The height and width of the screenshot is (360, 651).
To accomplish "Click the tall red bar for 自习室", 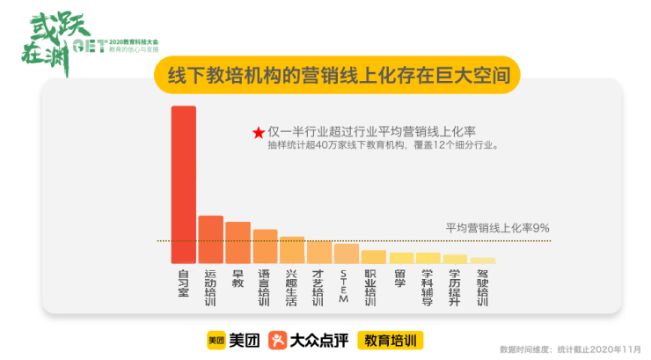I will click(x=183, y=184).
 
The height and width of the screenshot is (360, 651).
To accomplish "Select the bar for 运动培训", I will click(x=210, y=239).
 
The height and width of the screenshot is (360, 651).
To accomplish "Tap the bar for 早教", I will click(x=238, y=243).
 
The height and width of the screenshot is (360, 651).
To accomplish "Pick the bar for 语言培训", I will click(x=265, y=246).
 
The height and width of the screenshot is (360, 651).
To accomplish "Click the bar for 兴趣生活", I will click(x=292, y=250).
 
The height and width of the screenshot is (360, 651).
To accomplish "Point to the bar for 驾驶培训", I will click(x=482, y=261).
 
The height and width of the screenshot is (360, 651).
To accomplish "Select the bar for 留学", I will click(x=400, y=258).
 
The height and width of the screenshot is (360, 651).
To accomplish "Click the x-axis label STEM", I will click(x=346, y=286).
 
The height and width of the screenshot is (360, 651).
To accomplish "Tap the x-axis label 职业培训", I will click(x=373, y=287).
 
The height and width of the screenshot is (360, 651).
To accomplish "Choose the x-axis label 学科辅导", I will click(x=428, y=287).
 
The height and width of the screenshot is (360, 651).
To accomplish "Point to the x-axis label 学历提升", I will click(x=455, y=287).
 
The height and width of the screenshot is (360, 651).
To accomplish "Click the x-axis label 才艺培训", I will click(x=318, y=287).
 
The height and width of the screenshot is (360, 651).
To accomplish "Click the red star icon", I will click(x=259, y=132).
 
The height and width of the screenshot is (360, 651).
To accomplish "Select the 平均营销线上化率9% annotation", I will click(x=497, y=227).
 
